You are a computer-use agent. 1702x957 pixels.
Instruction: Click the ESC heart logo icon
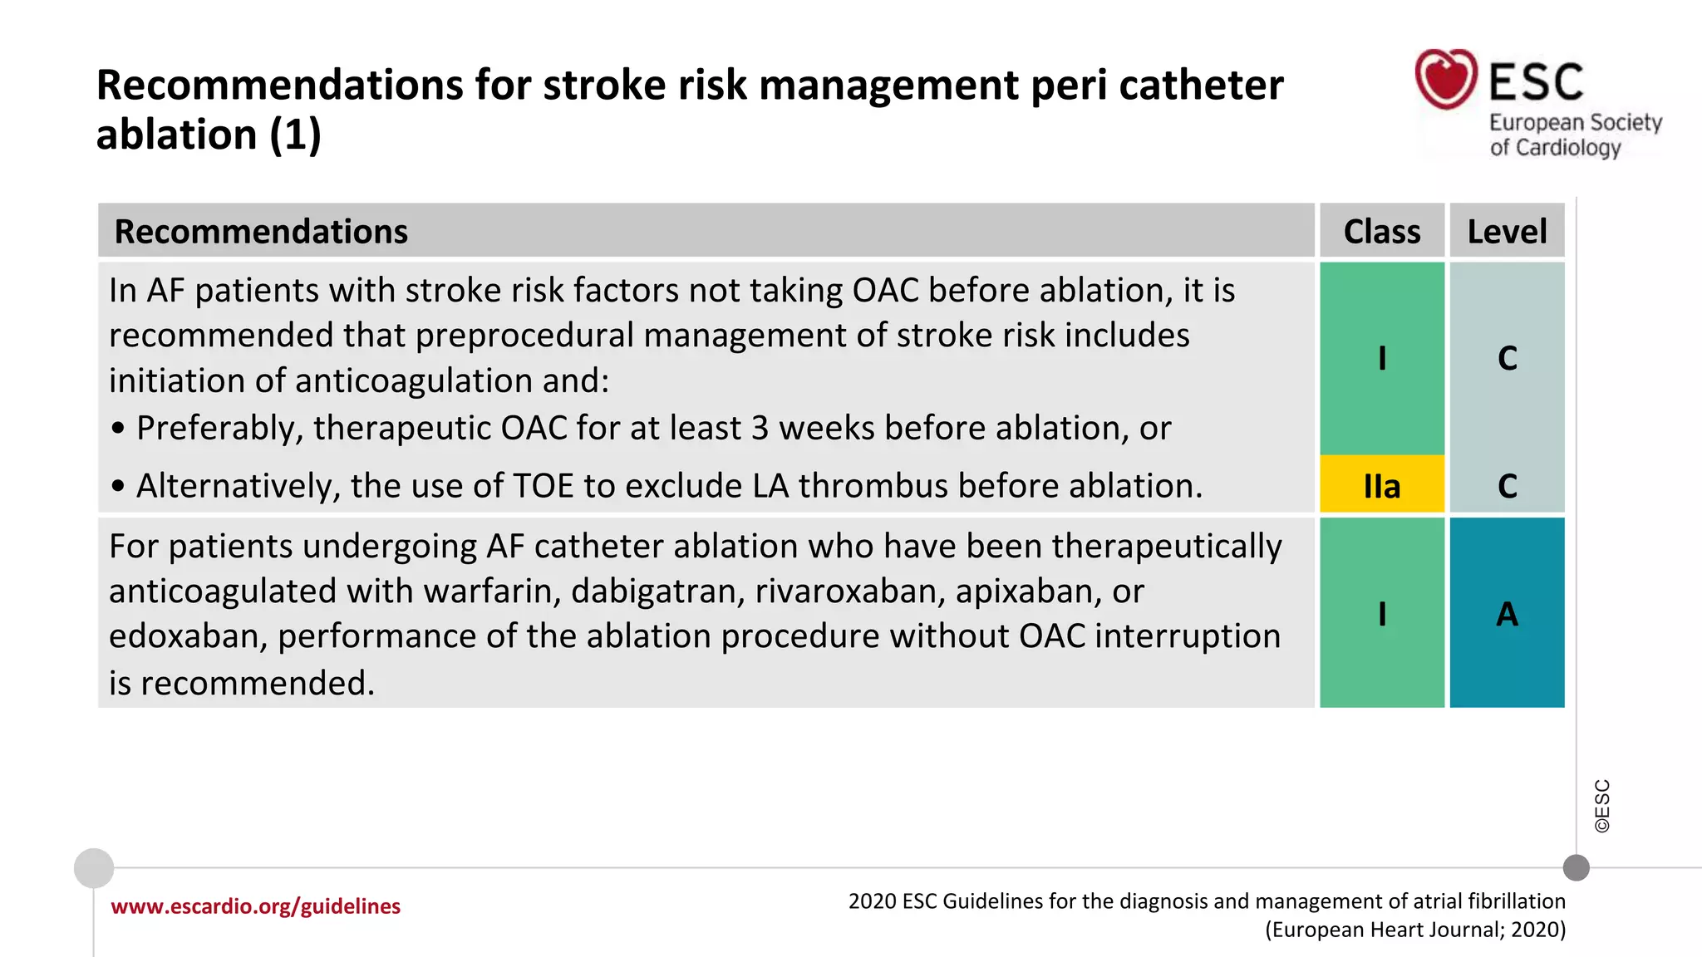[x=1446, y=79]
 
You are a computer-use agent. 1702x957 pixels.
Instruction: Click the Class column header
[x=1381, y=231]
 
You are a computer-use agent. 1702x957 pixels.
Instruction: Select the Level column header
[x=1507, y=231]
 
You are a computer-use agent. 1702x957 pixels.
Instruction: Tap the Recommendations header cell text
[x=261, y=231]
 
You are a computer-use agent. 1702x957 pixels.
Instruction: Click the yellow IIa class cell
[x=1381, y=485]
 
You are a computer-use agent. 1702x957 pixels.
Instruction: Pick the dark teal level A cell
[x=1507, y=613]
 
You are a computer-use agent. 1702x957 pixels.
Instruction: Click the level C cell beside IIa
[x=1507, y=485]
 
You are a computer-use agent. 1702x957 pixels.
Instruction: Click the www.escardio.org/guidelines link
[x=255, y=905]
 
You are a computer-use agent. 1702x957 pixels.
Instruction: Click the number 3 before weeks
[x=760, y=429]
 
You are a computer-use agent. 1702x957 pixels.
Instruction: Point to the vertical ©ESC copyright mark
[x=1601, y=806]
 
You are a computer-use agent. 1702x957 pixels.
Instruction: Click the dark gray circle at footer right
[x=1576, y=868]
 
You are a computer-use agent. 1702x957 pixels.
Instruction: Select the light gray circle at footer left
[x=94, y=868]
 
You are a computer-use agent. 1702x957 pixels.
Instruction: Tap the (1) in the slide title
[x=294, y=135]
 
